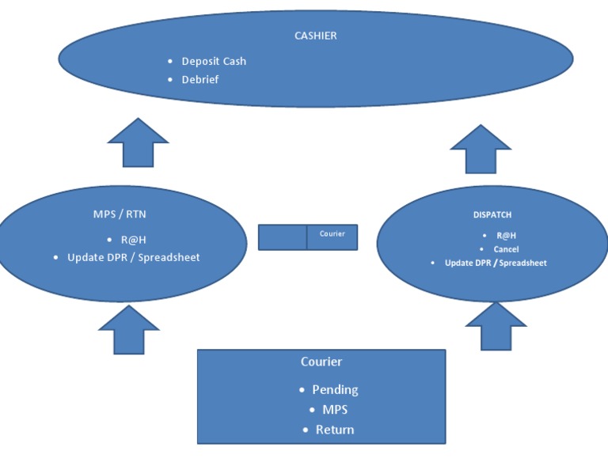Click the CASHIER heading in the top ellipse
click(315, 36)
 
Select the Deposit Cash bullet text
click(214, 61)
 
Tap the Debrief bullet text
click(199, 80)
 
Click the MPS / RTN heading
click(119, 214)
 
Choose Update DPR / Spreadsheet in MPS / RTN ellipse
click(133, 257)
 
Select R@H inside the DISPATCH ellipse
click(506, 236)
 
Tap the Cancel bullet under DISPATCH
click(506, 249)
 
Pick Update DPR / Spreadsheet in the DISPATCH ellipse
click(496, 263)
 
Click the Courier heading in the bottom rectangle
click(321, 362)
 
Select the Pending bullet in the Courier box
click(335, 389)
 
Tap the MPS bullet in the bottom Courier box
click(334, 410)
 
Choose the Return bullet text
click(334, 430)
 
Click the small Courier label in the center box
click(332, 234)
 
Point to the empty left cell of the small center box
click(283, 237)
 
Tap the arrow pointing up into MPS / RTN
click(128, 330)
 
